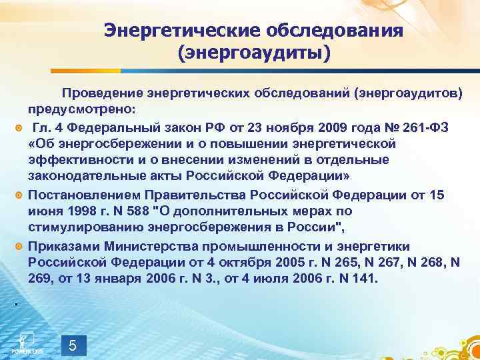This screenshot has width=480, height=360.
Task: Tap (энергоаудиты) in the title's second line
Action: point(253,51)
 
